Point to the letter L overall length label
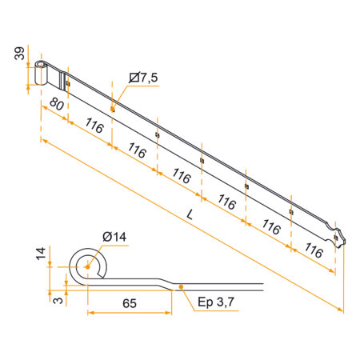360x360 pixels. pyautogui.click(x=190, y=214)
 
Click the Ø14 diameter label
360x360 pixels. pyautogui.click(x=114, y=237)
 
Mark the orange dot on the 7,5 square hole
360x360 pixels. pyautogui.click(x=113, y=107)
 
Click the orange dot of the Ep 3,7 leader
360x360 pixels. pyautogui.click(x=182, y=286)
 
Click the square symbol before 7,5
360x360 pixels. pyautogui.click(x=133, y=78)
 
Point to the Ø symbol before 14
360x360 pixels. pyautogui.click(x=106, y=237)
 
